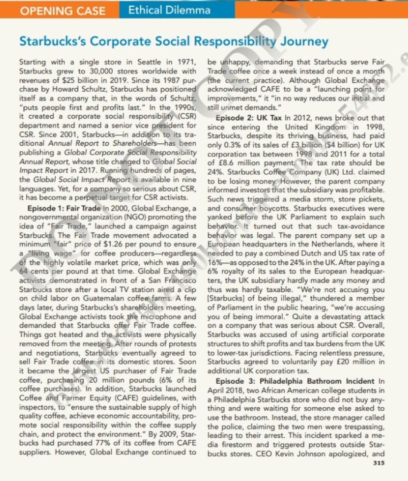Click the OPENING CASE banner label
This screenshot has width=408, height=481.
tap(62, 10)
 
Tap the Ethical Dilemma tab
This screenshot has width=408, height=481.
tap(169, 9)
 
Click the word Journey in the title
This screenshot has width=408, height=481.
tap(304, 41)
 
